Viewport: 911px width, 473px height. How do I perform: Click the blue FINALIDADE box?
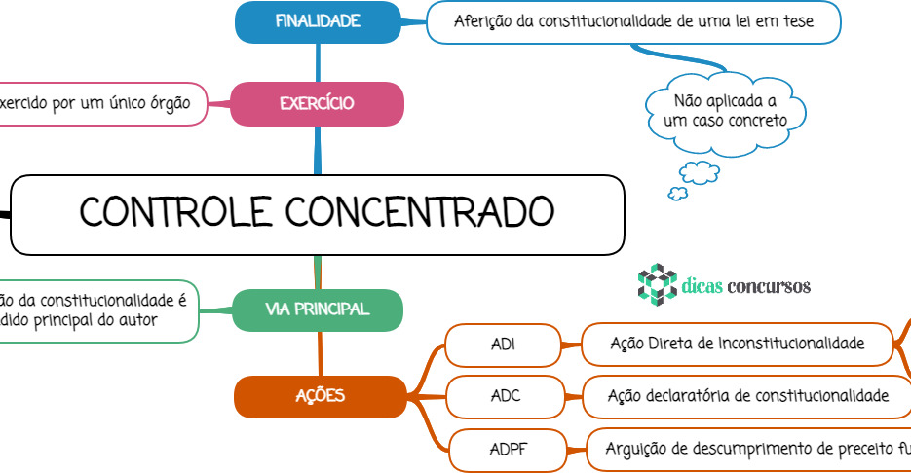pyautogui.click(x=318, y=21)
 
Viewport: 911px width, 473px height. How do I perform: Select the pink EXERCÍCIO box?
pyautogui.click(x=317, y=103)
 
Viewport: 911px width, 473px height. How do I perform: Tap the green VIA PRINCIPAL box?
pyautogui.click(x=318, y=309)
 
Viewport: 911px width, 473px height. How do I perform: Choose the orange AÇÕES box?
pyautogui.click(x=320, y=395)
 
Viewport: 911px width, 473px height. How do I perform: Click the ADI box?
pyautogui.click(x=504, y=344)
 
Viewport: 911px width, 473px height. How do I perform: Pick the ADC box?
pyautogui.click(x=505, y=395)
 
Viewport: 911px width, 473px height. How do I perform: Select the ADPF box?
pyautogui.click(x=508, y=450)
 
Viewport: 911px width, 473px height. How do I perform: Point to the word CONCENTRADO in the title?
pyautogui.click(x=420, y=212)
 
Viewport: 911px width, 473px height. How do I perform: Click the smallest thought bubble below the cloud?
pyautogui.click(x=677, y=194)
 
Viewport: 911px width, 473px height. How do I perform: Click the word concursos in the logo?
pyautogui.click(x=769, y=286)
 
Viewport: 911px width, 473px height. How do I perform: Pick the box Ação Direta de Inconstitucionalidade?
pyautogui.click(x=737, y=344)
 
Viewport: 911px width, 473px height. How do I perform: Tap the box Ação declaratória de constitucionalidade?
pyautogui.click(x=747, y=395)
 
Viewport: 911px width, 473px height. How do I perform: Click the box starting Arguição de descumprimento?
pyautogui.click(x=750, y=450)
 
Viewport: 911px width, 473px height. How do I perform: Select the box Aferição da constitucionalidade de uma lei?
pyautogui.click(x=633, y=21)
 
